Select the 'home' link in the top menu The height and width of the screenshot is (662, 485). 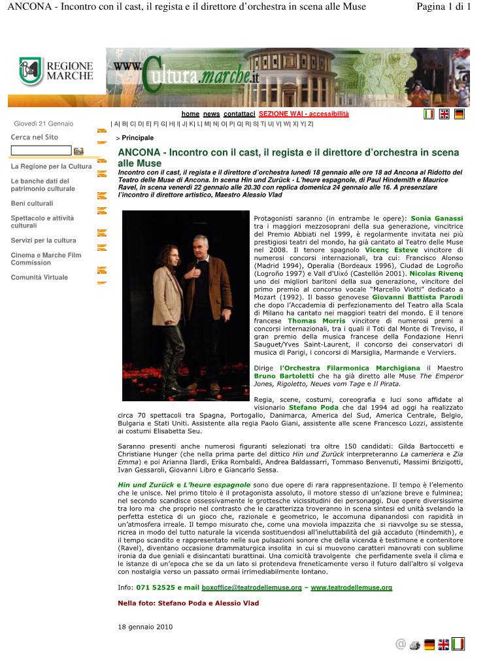click(x=190, y=114)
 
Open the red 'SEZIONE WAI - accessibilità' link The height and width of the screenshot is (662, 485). click(x=303, y=114)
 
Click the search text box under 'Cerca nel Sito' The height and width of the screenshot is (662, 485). click(x=41, y=150)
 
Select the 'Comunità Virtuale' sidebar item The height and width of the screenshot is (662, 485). click(x=39, y=277)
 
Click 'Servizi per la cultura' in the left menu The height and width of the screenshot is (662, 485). click(x=43, y=240)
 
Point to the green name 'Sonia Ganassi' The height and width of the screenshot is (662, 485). click(x=437, y=218)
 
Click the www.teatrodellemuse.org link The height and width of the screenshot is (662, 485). click(x=351, y=588)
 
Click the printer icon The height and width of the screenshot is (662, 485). click(x=414, y=645)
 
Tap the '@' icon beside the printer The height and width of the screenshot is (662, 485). click(x=400, y=645)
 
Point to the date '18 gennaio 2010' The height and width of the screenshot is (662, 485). click(x=145, y=627)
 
